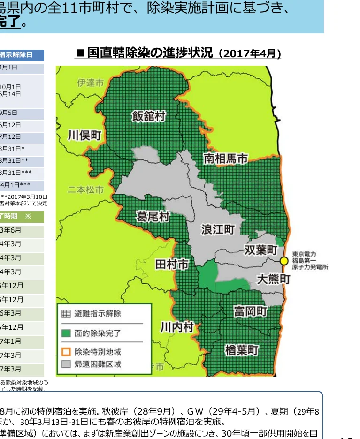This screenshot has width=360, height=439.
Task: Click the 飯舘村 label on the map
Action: pos(149,116)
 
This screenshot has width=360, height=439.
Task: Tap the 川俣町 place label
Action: pos(84,136)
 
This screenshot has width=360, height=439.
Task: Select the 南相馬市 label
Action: pos(225,159)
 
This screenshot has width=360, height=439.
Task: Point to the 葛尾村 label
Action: pos(153,217)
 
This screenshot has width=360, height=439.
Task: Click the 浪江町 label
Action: pos(218,229)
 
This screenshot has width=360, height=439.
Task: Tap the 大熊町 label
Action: pos(274,279)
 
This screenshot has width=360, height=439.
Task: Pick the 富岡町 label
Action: pos(251,311)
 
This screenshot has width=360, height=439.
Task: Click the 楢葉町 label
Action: pos(242,349)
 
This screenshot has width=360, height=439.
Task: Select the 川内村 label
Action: pos(177,327)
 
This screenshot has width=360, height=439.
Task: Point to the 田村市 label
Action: pos(172,265)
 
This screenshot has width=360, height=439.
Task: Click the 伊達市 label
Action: pos(91,83)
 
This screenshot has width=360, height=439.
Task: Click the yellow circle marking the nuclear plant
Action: pos(283,261)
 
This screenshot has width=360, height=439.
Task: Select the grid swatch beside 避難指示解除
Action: pos(66,314)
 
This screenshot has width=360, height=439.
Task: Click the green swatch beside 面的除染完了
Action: pos(66,333)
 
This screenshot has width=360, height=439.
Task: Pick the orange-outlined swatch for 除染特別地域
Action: pos(66,351)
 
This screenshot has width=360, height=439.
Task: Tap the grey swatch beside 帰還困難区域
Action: pos(66,364)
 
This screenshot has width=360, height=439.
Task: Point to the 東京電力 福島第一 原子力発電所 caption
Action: pos(310,260)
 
